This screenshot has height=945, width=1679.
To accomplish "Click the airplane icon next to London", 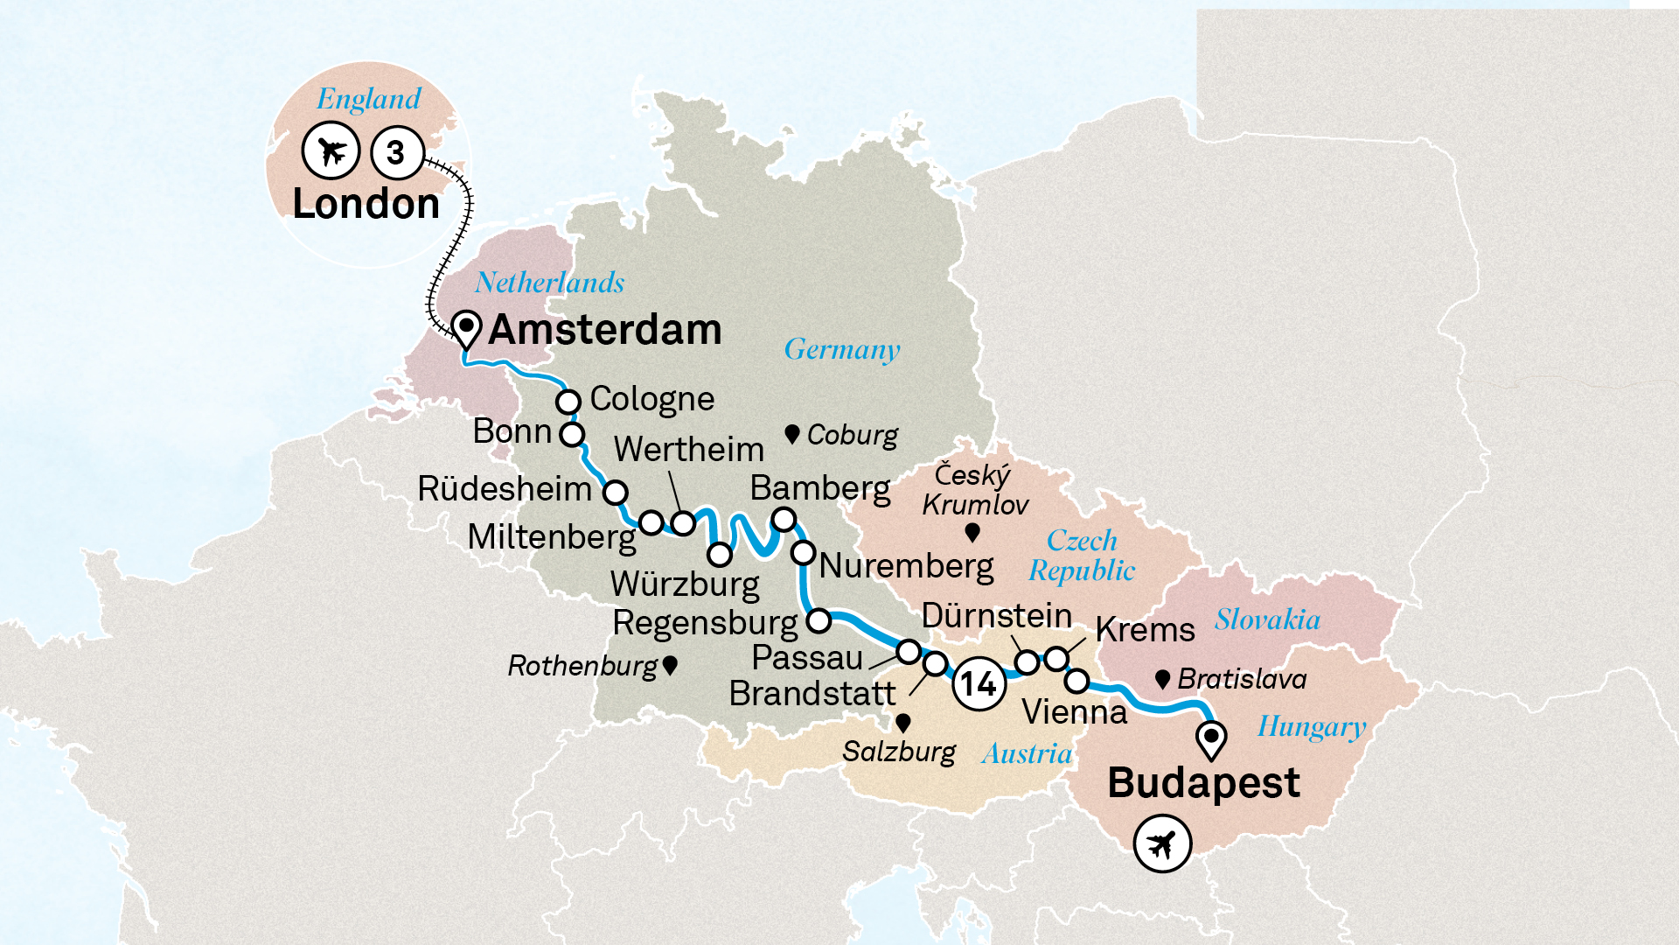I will pyautogui.click(x=331, y=151).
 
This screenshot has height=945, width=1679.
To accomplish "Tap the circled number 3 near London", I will pyautogui.click(x=397, y=152).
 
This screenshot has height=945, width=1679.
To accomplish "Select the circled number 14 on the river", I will pyautogui.click(x=979, y=683).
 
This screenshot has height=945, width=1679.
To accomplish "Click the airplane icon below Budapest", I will pyautogui.click(x=1162, y=844).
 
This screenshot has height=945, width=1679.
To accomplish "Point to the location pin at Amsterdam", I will pyautogui.click(x=466, y=329).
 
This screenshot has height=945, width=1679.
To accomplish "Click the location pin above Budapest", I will pyautogui.click(x=1211, y=738).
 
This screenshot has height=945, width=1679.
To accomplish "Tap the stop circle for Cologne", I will pyautogui.click(x=568, y=402).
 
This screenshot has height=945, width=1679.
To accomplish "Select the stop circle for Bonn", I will pyautogui.click(x=572, y=434).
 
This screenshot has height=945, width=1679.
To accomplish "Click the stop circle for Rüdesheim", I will pyautogui.click(x=616, y=492).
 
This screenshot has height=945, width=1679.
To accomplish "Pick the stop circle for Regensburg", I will pyautogui.click(x=819, y=621).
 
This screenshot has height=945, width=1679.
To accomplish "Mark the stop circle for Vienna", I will pyautogui.click(x=1077, y=680).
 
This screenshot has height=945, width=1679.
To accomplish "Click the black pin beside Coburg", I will pyautogui.click(x=792, y=434).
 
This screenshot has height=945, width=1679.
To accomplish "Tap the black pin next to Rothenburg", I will pyautogui.click(x=670, y=665).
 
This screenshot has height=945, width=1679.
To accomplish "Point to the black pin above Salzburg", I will pyautogui.click(x=903, y=723).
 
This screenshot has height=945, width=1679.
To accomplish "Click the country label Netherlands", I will pyautogui.click(x=550, y=283).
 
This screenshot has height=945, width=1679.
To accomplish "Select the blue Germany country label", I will pyautogui.click(x=841, y=349).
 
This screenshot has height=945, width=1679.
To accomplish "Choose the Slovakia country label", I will pyautogui.click(x=1267, y=619).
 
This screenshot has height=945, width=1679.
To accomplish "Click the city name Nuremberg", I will pyautogui.click(x=906, y=566).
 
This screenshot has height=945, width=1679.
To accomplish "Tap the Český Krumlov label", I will pyautogui.click(x=974, y=490).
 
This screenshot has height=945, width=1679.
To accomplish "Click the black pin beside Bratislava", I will pyautogui.click(x=1163, y=679).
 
